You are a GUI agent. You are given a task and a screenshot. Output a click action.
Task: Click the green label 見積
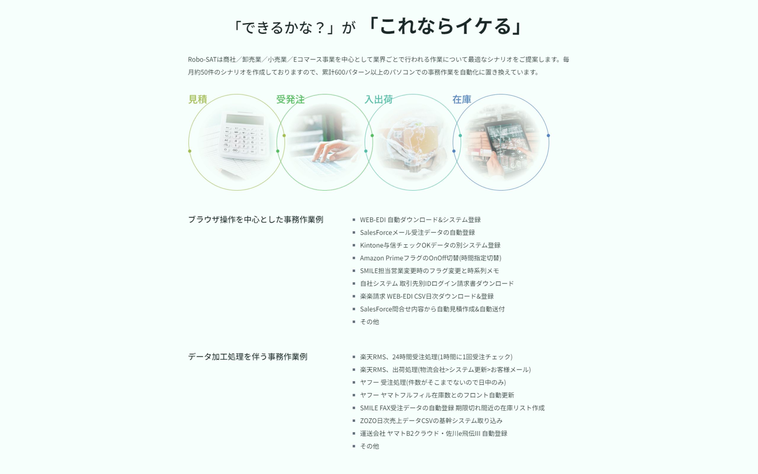point(198,99)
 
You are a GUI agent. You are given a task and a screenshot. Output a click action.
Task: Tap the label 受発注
point(290,99)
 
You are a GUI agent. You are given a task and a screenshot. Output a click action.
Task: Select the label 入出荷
point(378,99)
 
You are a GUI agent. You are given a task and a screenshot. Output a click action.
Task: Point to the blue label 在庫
point(462,99)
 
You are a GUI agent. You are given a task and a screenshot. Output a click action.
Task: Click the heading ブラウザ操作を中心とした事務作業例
point(256,220)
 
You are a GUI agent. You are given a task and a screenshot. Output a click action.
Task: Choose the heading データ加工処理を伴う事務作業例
point(248,357)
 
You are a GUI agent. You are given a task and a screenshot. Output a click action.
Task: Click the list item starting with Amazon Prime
point(430,258)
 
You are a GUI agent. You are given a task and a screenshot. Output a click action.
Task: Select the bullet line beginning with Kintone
point(430,245)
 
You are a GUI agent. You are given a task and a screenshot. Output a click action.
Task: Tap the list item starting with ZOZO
point(431,421)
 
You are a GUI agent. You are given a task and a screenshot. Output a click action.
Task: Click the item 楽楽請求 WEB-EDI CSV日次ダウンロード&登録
point(427,296)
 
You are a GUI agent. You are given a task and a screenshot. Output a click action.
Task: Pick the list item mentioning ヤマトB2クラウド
point(433,433)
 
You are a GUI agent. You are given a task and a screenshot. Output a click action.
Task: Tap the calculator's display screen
point(245,120)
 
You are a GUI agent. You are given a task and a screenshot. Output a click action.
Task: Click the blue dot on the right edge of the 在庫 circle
point(548,136)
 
